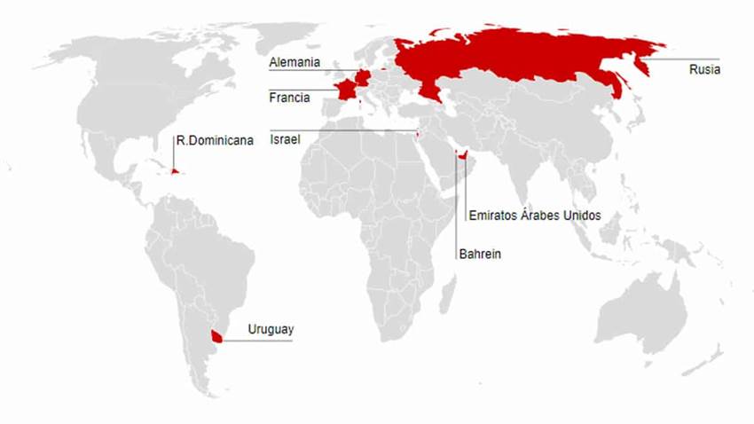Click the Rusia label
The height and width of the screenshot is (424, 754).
[x=704, y=70]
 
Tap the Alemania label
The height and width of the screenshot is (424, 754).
[x=295, y=63]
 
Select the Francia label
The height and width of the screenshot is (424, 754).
[x=289, y=98]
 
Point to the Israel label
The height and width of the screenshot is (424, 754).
[x=285, y=140]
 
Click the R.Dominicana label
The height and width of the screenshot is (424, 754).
[x=215, y=140]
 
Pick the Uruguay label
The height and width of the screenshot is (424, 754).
[x=270, y=330]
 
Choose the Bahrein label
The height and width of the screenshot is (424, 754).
[x=480, y=255]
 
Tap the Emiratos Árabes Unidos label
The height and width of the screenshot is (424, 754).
[x=534, y=216]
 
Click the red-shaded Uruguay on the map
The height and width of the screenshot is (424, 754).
[x=215, y=336]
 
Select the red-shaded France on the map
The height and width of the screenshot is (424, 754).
[x=342, y=91]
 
